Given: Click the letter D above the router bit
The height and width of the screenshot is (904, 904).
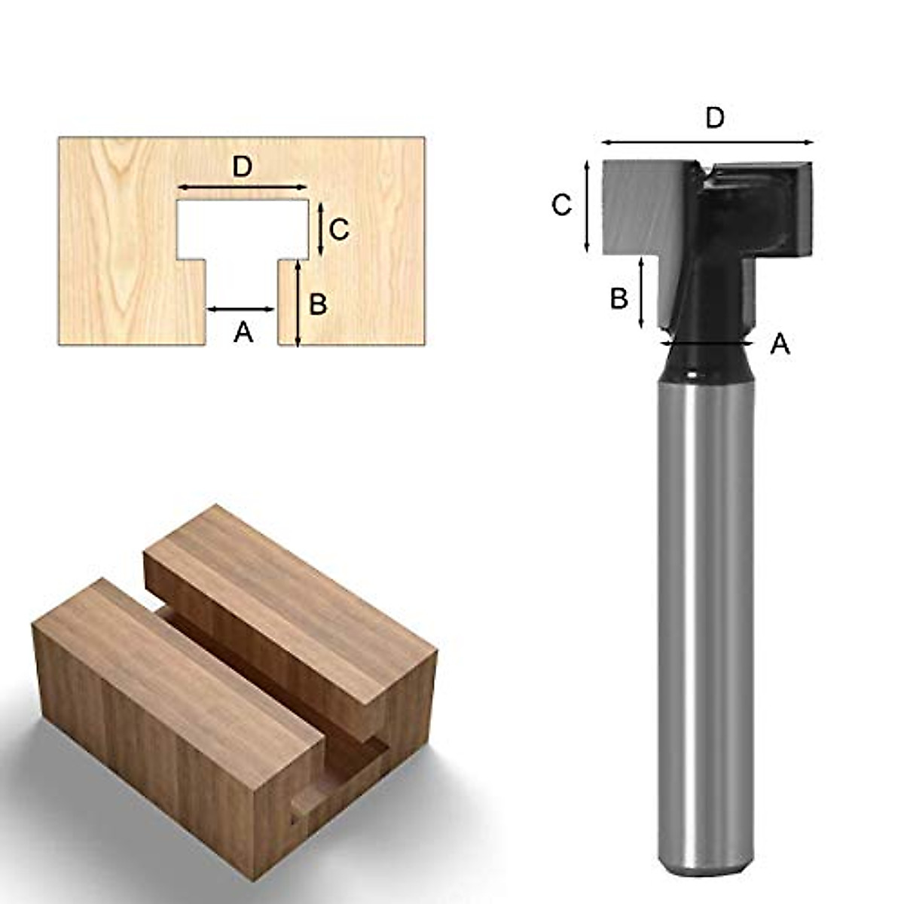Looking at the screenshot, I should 714,118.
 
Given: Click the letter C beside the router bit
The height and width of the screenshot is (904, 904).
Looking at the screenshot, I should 561,205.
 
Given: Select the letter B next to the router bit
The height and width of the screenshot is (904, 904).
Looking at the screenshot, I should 618,298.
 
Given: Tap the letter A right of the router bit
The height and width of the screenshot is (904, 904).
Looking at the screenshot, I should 780,345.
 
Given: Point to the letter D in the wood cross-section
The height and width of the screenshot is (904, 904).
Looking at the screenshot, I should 242,166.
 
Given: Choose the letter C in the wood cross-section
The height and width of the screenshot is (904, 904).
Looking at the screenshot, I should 339,230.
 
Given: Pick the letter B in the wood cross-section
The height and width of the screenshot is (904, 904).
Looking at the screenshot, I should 318,304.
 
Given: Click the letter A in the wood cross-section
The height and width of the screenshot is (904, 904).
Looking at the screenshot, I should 243,331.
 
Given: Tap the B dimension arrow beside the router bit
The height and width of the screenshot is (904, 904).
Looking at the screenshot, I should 641,292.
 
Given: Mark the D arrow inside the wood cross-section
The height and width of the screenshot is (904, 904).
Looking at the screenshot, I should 243,187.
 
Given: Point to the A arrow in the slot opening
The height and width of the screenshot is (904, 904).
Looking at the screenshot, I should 241,309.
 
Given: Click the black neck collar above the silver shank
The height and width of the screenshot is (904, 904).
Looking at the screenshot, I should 705,362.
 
